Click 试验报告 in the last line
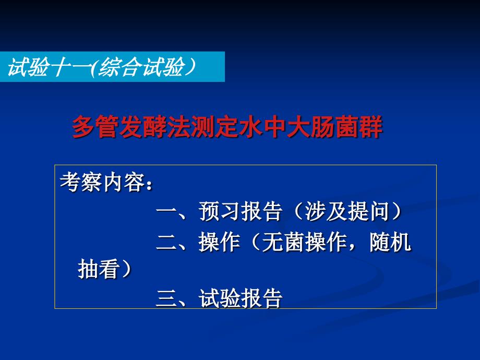pyautogui.click(x=241, y=299)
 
